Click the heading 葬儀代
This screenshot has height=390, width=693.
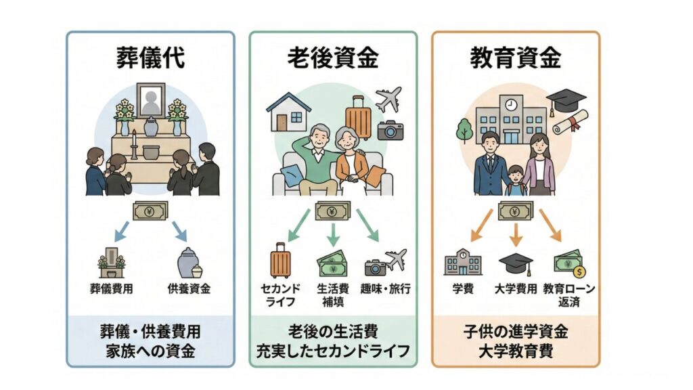150,58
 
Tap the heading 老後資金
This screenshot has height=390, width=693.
332,58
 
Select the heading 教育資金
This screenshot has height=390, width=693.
516,58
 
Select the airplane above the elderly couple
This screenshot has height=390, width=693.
388,99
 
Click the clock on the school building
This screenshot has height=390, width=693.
510,105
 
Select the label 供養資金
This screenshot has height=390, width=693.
189,289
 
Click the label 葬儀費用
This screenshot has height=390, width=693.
112,289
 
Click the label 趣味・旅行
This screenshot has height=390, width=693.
386,289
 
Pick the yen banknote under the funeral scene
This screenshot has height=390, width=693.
151,211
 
